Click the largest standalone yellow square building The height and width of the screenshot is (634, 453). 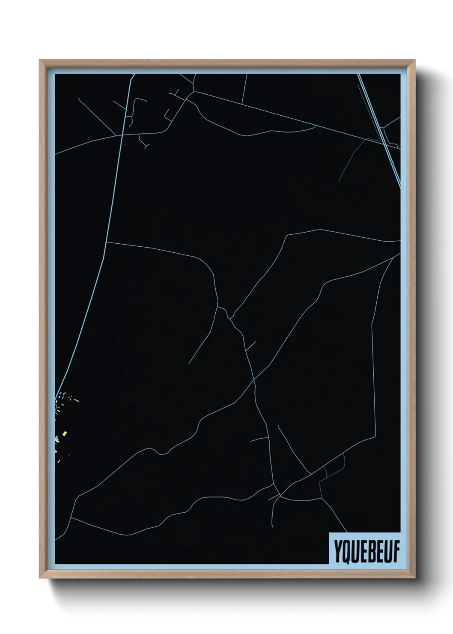[64, 434]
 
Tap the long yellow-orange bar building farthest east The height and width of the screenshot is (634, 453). [77, 401]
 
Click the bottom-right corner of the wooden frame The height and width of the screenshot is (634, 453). [415, 578]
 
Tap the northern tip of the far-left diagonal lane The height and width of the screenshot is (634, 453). [78, 99]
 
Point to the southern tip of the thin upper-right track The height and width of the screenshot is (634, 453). [339, 180]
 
